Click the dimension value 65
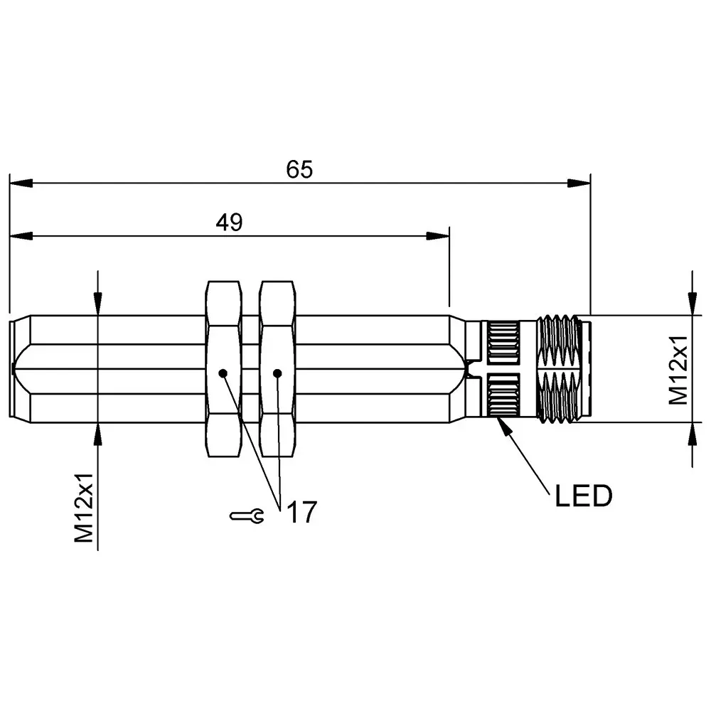(299, 169)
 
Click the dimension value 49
(230, 223)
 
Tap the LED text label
(583, 497)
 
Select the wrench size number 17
(301, 513)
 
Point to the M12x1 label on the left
(86, 509)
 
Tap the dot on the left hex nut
(223, 373)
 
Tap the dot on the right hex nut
(277, 373)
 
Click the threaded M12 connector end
(562, 368)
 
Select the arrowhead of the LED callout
(501, 424)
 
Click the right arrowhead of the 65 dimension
(580, 183)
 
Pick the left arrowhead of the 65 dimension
(21, 183)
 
